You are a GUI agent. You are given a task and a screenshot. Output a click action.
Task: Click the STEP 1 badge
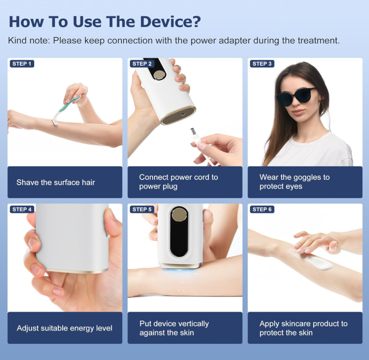click(x=22, y=64)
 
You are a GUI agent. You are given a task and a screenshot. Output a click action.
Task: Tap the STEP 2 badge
click(x=142, y=64)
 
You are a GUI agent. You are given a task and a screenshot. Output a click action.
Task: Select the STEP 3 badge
click(x=262, y=64)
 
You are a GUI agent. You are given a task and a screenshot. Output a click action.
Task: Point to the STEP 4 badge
click(x=22, y=209)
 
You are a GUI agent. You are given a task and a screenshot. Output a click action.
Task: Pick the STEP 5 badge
click(x=142, y=209)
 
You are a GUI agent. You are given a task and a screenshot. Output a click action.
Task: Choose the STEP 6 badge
click(x=262, y=209)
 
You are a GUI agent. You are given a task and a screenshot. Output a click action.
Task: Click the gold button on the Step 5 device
click(x=179, y=215)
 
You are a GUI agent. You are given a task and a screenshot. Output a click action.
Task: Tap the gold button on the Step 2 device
click(x=159, y=75)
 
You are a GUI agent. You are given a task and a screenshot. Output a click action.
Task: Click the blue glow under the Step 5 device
click(x=180, y=271)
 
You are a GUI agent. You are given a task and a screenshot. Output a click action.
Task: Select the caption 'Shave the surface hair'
click(x=56, y=182)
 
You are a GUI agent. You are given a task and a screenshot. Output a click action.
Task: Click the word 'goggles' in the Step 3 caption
click(x=305, y=178)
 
